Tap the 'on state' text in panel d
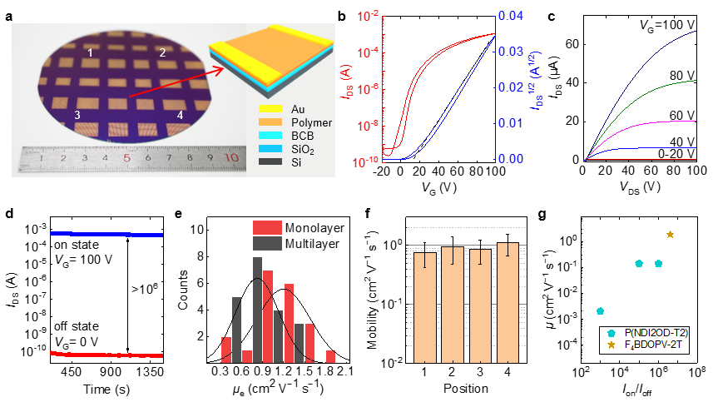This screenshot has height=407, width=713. (76, 246)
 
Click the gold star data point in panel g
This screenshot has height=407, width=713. (671, 234)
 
